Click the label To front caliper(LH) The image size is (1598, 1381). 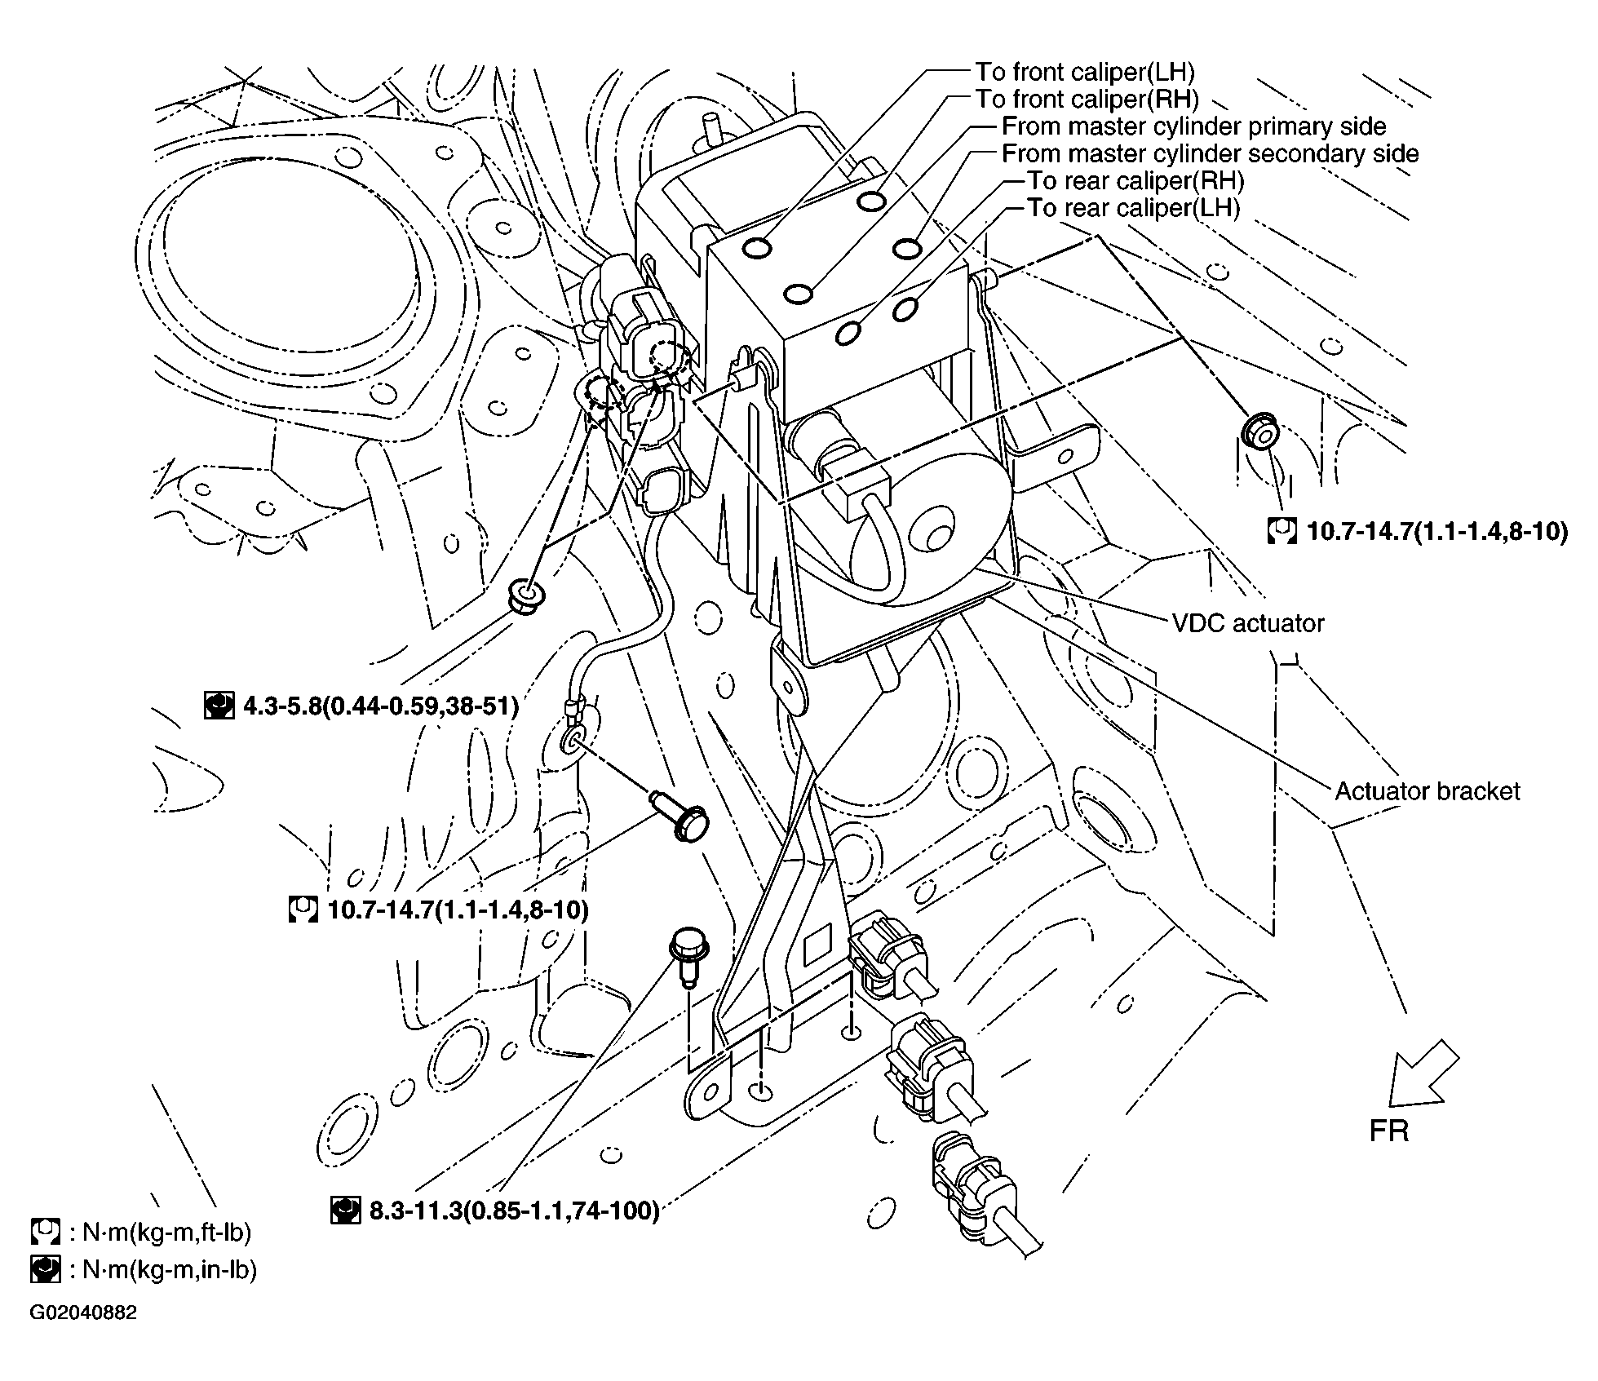(x=1085, y=72)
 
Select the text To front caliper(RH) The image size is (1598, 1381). (x=1087, y=99)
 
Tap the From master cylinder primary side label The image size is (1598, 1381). (x=1193, y=126)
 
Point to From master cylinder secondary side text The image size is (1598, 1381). (x=1210, y=153)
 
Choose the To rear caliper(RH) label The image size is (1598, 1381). (x=1135, y=180)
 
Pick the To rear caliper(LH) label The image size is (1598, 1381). (x=1133, y=208)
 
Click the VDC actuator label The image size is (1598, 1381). (x=1247, y=623)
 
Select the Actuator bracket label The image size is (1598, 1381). (x=1428, y=790)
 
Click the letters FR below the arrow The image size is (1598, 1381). (x=1389, y=1131)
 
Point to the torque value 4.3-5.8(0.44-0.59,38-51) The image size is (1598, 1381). (x=381, y=705)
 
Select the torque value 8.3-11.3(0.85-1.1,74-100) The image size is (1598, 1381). (x=514, y=1211)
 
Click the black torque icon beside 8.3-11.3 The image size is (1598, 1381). (x=345, y=1211)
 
